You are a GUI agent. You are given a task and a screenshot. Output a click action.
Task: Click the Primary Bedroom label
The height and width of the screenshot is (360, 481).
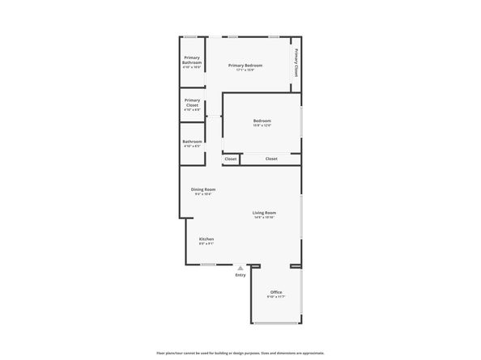click(246, 65)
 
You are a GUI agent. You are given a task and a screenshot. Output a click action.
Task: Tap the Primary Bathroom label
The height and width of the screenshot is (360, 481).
click(192, 60)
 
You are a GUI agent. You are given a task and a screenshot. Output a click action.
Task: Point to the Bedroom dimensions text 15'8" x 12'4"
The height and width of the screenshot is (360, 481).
click(262, 125)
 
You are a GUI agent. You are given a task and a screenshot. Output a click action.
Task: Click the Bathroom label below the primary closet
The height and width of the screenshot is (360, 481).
click(192, 142)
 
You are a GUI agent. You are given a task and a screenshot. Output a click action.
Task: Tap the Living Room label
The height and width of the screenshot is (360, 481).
click(264, 213)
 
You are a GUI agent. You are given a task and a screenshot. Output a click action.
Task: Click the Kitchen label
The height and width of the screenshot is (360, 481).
click(206, 239)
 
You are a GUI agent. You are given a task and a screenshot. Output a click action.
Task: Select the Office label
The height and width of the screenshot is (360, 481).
click(276, 292)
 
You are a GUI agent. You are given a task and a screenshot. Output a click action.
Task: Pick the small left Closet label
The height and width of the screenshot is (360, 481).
click(231, 159)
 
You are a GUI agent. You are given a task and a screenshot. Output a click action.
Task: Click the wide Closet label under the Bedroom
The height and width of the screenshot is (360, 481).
click(271, 159)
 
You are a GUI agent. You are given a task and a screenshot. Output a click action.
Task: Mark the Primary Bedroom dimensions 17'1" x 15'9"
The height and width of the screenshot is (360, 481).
click(245, 70)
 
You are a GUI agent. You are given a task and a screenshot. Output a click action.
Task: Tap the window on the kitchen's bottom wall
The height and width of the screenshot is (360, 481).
click(208, 265)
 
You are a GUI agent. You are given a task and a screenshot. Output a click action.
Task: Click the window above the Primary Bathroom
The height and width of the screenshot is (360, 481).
click(189, 36)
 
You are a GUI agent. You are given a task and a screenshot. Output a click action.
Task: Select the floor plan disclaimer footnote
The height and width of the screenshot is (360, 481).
click(240, 353)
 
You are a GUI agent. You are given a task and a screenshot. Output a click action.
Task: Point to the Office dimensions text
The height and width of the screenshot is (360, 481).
click(276, 297)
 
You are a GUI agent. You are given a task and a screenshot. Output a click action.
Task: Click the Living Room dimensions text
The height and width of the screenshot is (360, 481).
click(264, 218)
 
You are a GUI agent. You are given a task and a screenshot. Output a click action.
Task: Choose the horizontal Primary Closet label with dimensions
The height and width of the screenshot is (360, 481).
click(192, 103)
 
